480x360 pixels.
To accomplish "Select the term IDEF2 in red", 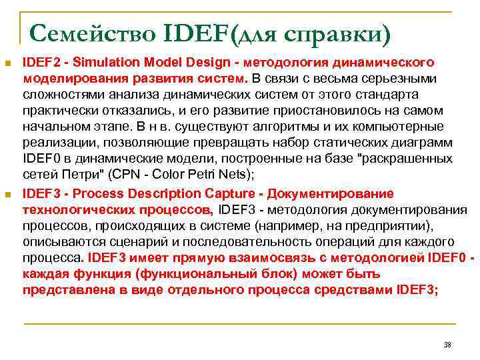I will coord(41,62).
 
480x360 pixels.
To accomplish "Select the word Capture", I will coord(236,193).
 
